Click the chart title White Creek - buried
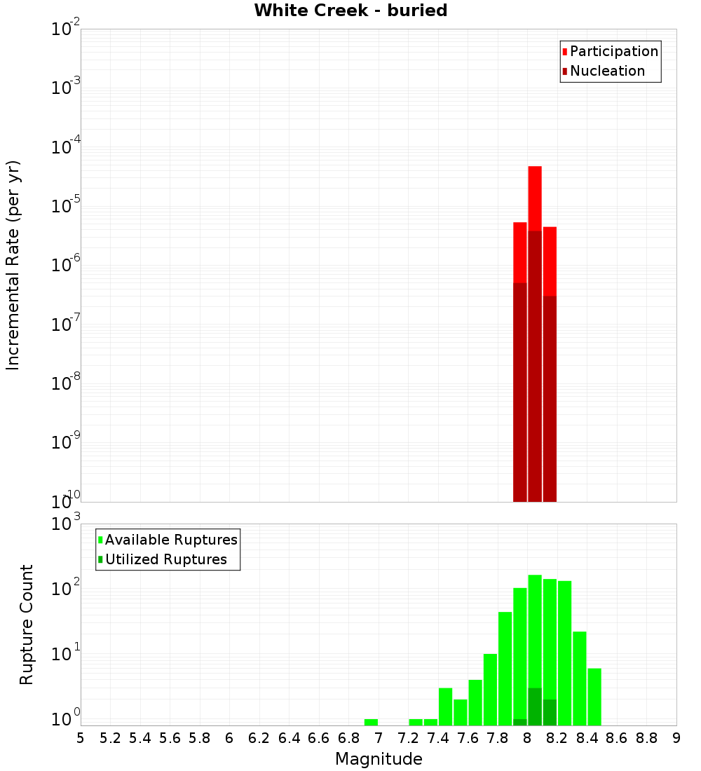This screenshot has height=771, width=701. click(350, 11)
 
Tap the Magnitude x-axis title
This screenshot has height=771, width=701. click(379, 759)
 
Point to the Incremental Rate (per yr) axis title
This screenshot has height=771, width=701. click(13, 265)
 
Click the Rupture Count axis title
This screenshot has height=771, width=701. click(27, 624)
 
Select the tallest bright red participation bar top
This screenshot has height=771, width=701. click(535, 168)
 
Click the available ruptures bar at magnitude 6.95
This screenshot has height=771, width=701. click(371, 722)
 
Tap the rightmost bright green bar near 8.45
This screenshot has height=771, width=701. click(594, 697)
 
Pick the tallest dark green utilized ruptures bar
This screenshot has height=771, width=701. click(535, 707)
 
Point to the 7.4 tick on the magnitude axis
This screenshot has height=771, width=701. click(438, 738)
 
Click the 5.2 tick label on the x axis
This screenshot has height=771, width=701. click(110, 738)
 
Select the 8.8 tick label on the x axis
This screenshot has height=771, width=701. click(646, 738)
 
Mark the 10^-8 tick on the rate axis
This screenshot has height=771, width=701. click(66, 383)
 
